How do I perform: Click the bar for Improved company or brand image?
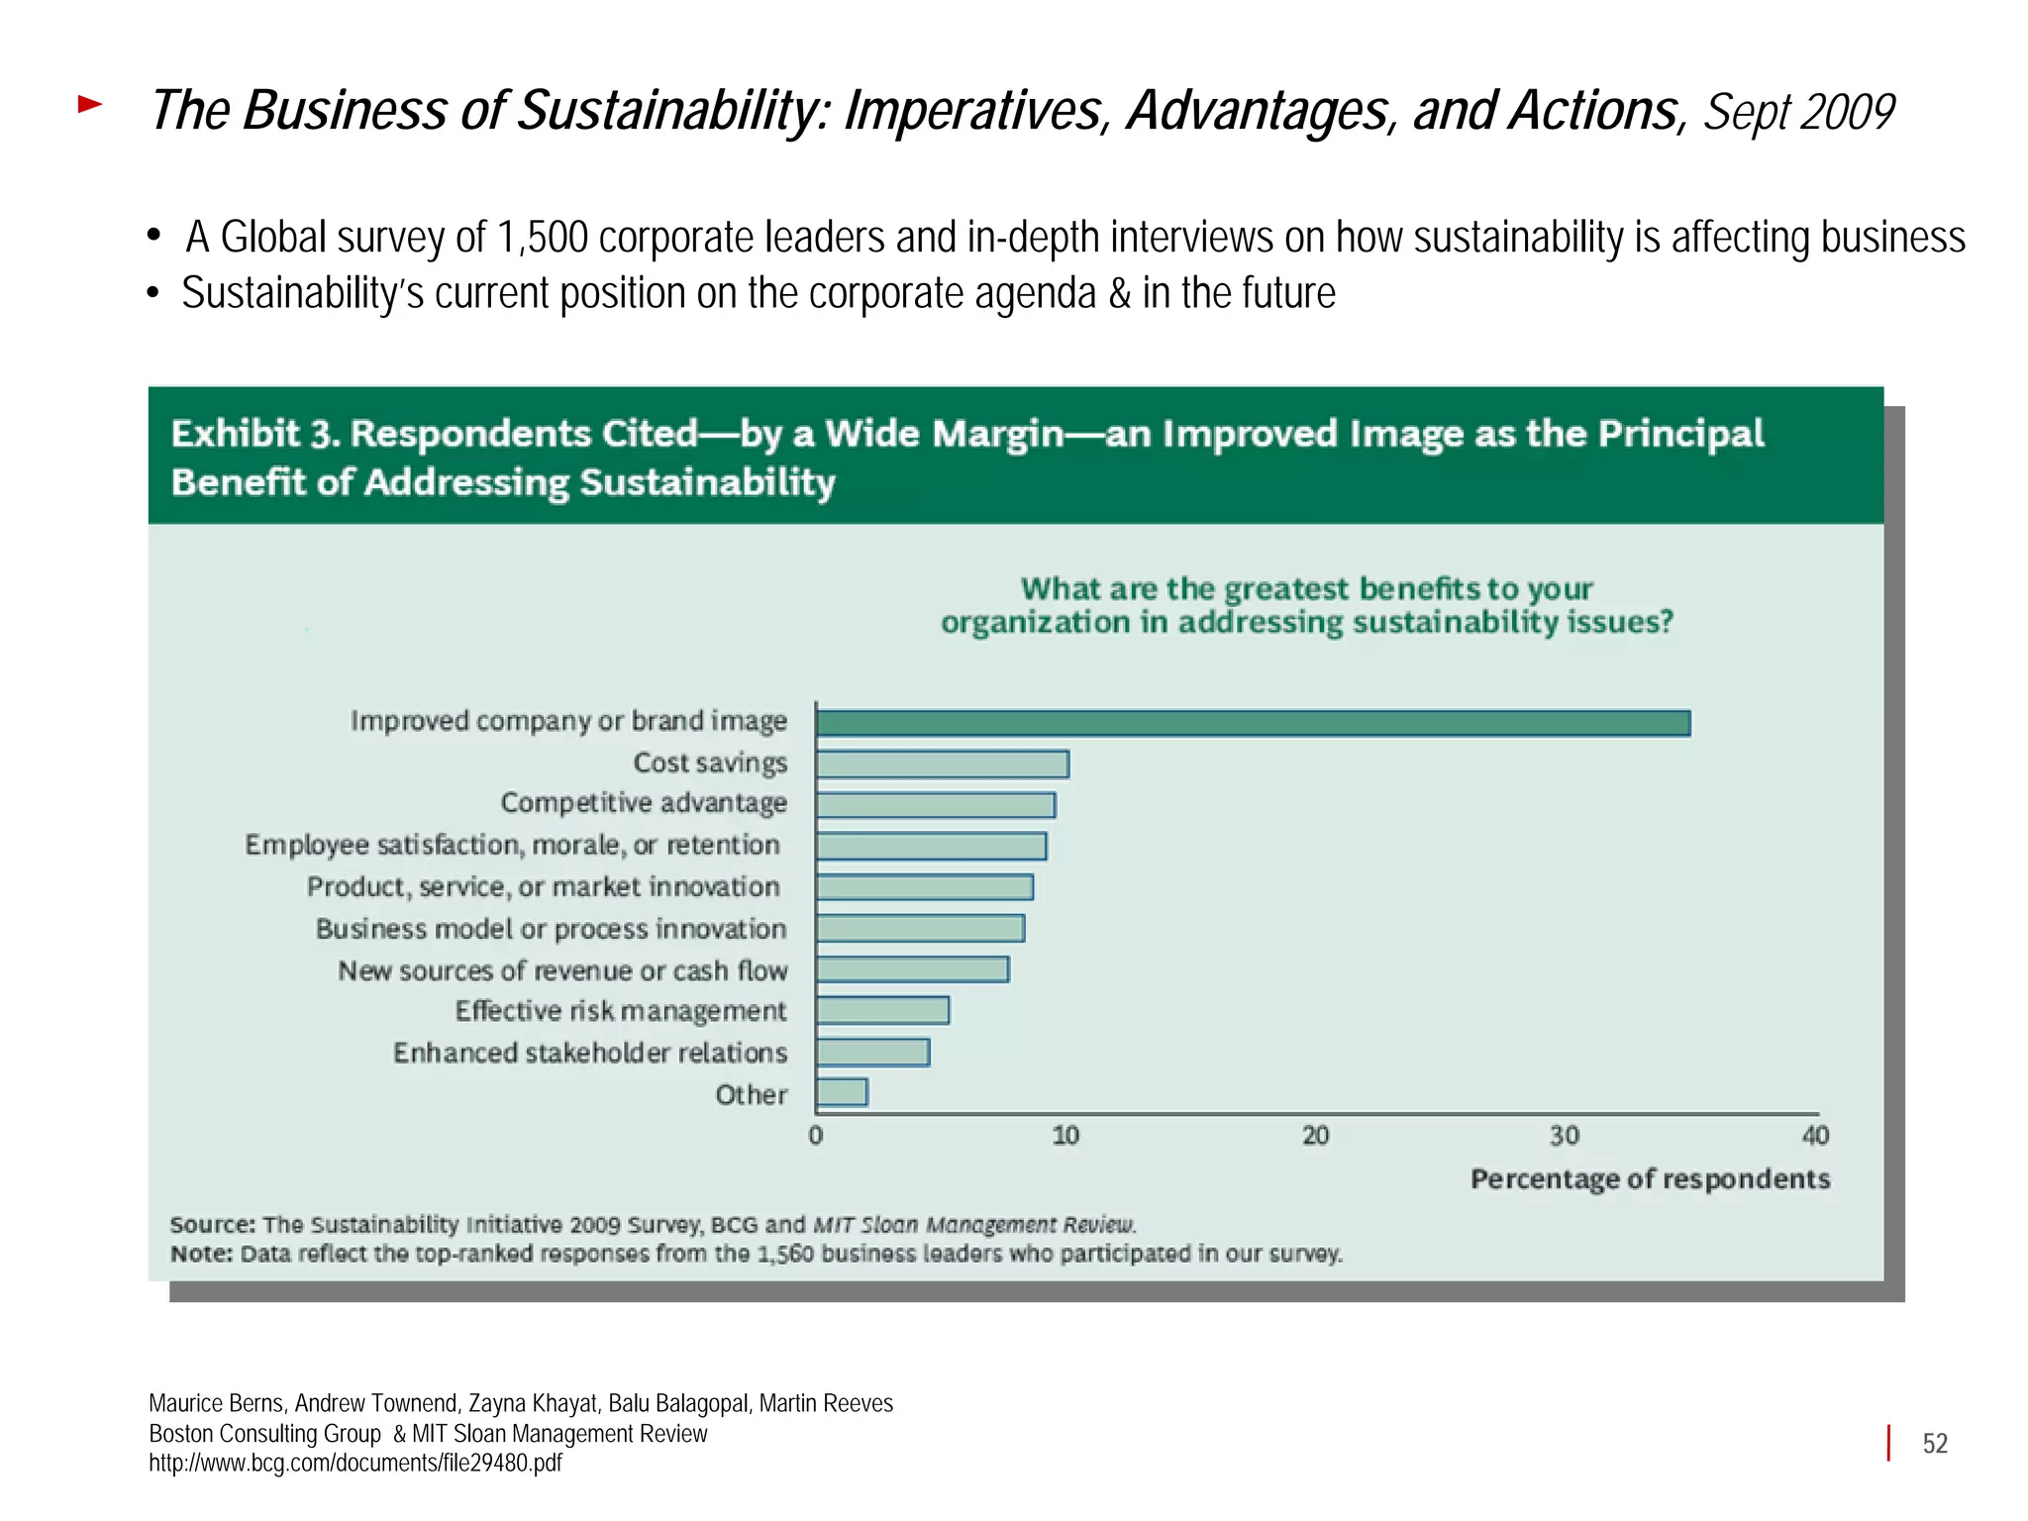click(x=1253, y=723)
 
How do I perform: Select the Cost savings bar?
click(x=942, y=764)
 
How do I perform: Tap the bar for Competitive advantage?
click(x=935, y=805)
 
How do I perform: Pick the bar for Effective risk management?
click(x=882, y=1010)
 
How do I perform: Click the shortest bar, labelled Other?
click(x=842, y=1092)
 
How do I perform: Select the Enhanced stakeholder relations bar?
click(x=872, y=1052)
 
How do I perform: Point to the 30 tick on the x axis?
click(x=1565, y=1136)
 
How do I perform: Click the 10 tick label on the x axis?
click(x=1065, y=1136)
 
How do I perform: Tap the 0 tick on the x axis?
click(x=816, y=1136)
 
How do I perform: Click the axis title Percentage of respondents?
click(x=1650, y=1179)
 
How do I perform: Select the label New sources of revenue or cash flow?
click(x=562, y=970)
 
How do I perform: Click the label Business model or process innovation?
click(x=551, y=929)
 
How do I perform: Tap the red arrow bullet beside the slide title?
click(x=90, y=104)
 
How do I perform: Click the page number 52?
click(x=1935, y=1444)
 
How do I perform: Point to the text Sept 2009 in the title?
click(x=1798, y=112)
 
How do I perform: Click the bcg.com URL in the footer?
click(x=355, y=1463)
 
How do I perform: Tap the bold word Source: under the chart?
click(x=212, y=1225)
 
